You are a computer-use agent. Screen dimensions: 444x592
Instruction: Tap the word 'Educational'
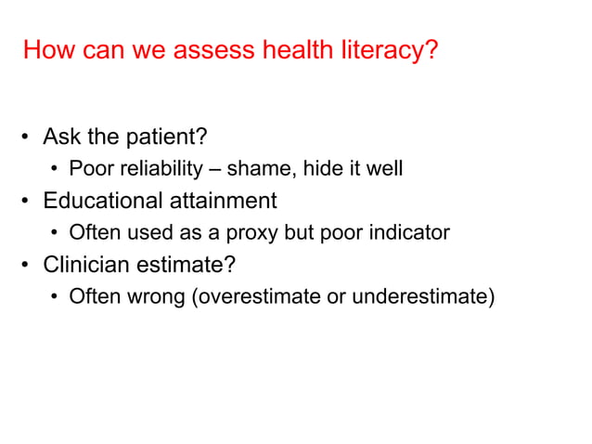tap(101, 201)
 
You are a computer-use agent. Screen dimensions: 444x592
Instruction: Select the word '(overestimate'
tap(251, 296)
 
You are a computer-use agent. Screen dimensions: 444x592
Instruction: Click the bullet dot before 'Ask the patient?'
tap(27, 138)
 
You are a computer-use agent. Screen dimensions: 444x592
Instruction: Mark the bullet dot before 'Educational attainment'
tap(27, 202)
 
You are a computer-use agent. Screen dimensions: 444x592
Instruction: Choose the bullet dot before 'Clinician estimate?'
tap(27, 266)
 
